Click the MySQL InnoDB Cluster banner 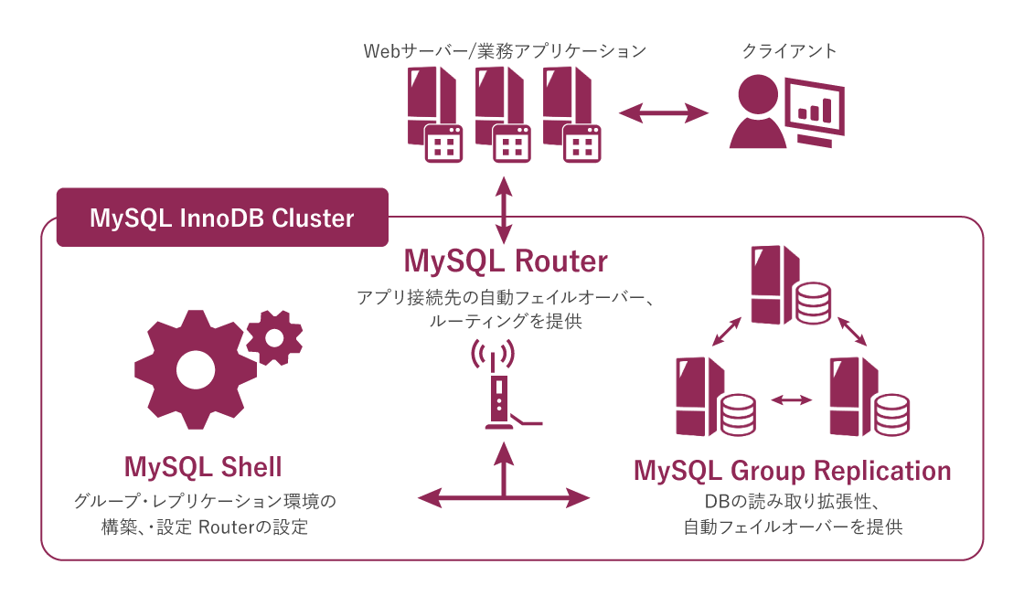(x=222, y=218)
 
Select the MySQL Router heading (x=506, y=261)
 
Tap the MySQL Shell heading (x=203, y=467)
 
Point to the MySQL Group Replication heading (x=792, y=471)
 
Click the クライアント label (x=789, y=51)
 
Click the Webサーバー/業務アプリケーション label (x=505, y=51)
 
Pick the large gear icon (x=191, y=369)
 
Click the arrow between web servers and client (x=664, y=112)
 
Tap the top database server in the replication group (x=790, y=285)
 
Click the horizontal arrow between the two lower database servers (x=791, y=399)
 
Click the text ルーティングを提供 (x=505, y=322)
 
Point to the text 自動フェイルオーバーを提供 (x=792, y=527)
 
